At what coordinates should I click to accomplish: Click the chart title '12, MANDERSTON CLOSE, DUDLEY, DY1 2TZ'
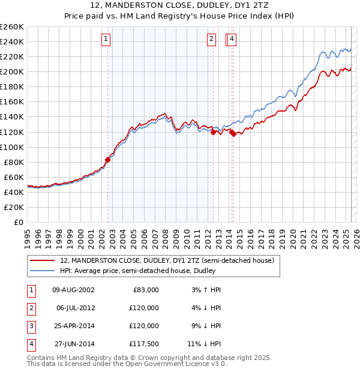click(x=179, y=7)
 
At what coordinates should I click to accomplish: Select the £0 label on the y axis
click(x=19, y=222)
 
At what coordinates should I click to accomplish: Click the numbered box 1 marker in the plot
click(x=106, y=40)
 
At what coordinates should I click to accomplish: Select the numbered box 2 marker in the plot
click(x=212, y=40)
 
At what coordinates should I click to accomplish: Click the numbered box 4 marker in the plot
click(x=232, y=40)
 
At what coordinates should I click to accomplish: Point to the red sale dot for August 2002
click(x=108, y=160)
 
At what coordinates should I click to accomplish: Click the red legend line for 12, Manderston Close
click(x=43, y=260)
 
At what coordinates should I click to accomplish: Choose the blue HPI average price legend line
click(x=43, y=271)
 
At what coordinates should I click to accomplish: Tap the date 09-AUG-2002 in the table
click(x=73, y=290)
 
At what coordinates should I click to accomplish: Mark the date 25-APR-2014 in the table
click(x=73, y=326)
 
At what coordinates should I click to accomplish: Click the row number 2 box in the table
click(x=30, y=308)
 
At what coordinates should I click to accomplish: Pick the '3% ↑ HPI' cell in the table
click(x=206, y=290)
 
